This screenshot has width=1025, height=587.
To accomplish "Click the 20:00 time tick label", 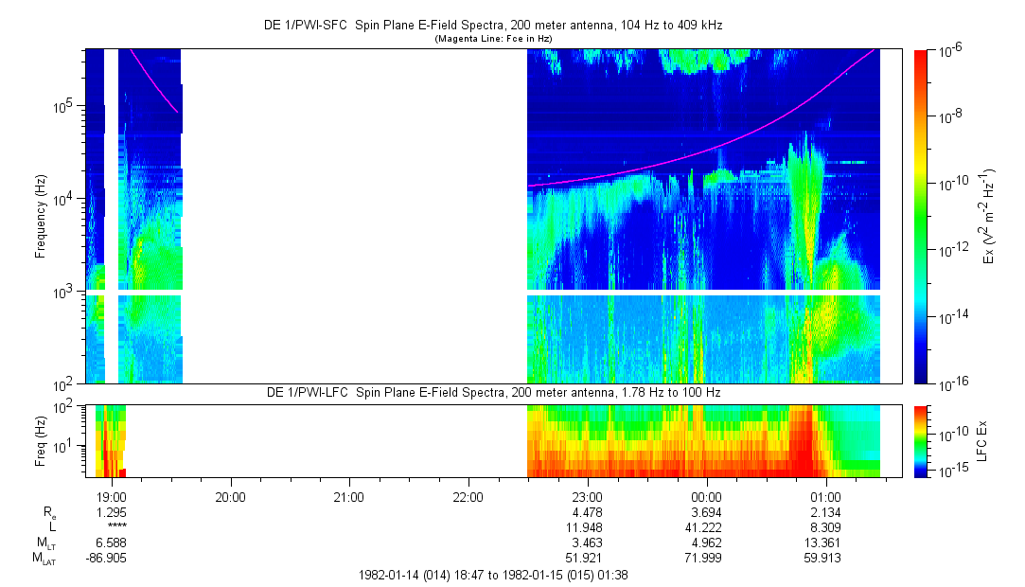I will click(x=230, y=496).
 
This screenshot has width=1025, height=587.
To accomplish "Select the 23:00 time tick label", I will click(x=588, y=496).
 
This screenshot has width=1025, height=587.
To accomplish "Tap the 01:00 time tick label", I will click(x=826, y=496).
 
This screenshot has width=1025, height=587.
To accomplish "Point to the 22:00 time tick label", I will click(x=468, y=496).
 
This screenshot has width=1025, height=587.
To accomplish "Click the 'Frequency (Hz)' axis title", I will click(x=41, y=217).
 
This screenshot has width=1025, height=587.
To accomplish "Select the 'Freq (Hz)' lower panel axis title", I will click(x=41, y=440).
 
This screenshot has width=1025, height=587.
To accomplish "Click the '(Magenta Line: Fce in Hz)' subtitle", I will click(x=492, y=39).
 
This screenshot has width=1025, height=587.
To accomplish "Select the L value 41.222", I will click(x=707, y=526).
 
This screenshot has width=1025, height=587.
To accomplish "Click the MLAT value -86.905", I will click(x=107, y=558).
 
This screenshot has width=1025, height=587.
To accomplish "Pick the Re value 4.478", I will click(x=588, y=511).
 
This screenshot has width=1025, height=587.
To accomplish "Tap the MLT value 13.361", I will click(x=826, y=543).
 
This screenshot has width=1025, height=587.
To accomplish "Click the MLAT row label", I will click(x=43, y=558).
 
